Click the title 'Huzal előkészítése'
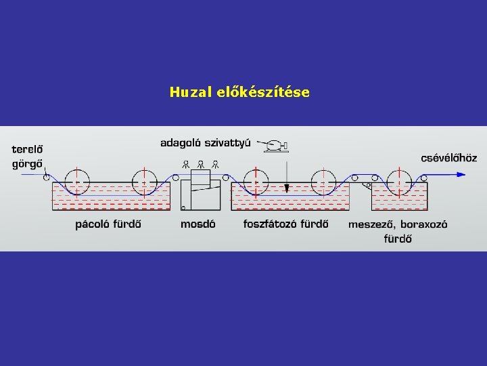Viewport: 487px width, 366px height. pyautogui.click(x=239, y=91)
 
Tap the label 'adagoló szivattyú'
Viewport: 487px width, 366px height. pyautogui.click(x=206, y=143)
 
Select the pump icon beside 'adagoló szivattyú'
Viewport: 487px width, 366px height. pyautogui.click(x=275, y=144)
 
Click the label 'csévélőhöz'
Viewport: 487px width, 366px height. pyautogui.click(x=448, y=158)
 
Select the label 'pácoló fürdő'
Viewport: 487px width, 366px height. pyautogui.click(x=108, y=224)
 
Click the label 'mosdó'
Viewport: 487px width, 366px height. pyautogui.click(x=198, y=224)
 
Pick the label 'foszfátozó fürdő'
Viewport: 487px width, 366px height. pyautogui.click(x=286, y=224)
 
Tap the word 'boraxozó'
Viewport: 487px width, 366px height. pyautogui.click(x=424, y=224)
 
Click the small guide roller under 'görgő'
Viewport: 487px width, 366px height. pyautogui.click(x=46, y=178)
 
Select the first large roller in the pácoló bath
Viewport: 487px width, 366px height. pyautogui.click(x=78, y=181)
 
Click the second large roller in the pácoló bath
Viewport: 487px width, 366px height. pyautogui.click(x=144, y=181)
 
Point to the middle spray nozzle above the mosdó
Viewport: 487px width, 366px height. pyautogui.click(x=201, y=163)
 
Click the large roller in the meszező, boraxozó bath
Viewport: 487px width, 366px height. pyautogui.click(x=399, y=181)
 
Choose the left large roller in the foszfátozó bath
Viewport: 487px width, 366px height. pyautogui.click(x=255, y=181)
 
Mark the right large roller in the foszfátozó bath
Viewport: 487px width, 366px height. pyautogui.click(x=323, y=181)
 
